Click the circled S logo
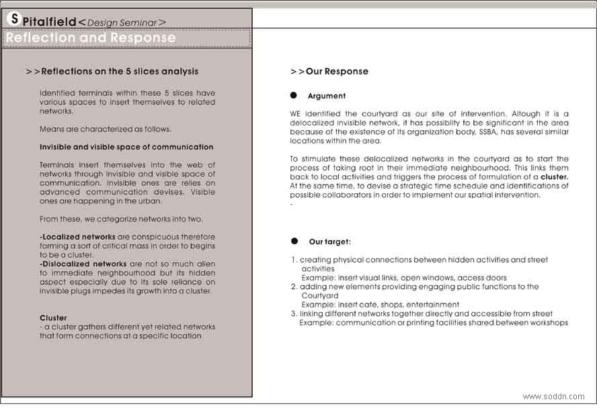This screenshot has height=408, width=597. tap(13, 19)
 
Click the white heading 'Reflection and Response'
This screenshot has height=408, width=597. tap(90, 38)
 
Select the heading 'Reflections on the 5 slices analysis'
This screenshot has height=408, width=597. tap(120, 71)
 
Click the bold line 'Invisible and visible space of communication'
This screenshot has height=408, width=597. tap(126, 147)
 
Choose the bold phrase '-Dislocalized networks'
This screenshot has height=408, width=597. tap(83, 264)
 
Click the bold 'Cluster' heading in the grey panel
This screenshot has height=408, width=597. tap(54, 318)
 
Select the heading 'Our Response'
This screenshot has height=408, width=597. tap(337, 71)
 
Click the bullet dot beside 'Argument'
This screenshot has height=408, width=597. tap(294, 96)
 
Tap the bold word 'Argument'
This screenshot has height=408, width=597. tap(327, 96)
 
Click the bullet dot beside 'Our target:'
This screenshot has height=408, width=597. tap(294, 241)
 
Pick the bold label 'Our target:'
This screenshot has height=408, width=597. tap(329, 242)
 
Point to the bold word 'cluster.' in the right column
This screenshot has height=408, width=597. tap(555, 176)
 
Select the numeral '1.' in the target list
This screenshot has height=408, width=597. tap(294, 260)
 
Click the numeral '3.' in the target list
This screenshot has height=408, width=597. tap(294, 313)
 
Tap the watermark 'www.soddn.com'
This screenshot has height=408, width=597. tap(553, 397)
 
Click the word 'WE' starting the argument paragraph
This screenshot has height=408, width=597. tap(296, 114)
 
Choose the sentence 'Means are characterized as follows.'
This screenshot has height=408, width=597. tap(106, 129)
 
